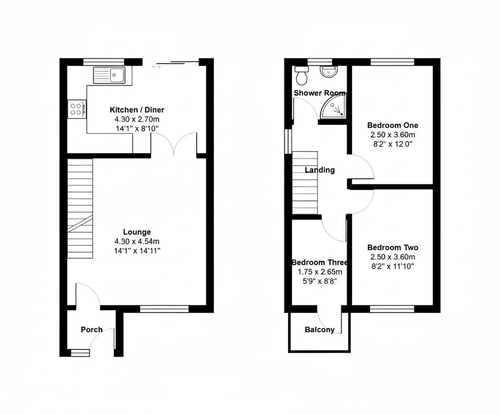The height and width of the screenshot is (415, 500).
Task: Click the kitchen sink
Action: [x=110, y=75]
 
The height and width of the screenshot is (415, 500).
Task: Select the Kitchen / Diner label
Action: [x=137, y=110]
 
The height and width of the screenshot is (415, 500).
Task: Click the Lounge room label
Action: [x=137, y=232]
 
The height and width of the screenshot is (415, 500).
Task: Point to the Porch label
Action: [x=92, y=330]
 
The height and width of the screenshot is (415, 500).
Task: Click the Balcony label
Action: [x=319, y=330]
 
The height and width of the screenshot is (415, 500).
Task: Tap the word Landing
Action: [x=320, y=170]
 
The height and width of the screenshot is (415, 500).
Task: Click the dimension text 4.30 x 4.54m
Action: [x=137, y=241]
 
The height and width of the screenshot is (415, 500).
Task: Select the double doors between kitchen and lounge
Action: [x=174, y=144]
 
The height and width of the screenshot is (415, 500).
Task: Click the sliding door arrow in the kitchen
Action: [x=156, y=67]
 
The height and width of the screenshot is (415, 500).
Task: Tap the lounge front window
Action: [x=164, y=308]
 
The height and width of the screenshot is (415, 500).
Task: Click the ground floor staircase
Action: [x=80, y=208]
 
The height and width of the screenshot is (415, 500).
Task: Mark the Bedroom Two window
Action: [x=392, y=309]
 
